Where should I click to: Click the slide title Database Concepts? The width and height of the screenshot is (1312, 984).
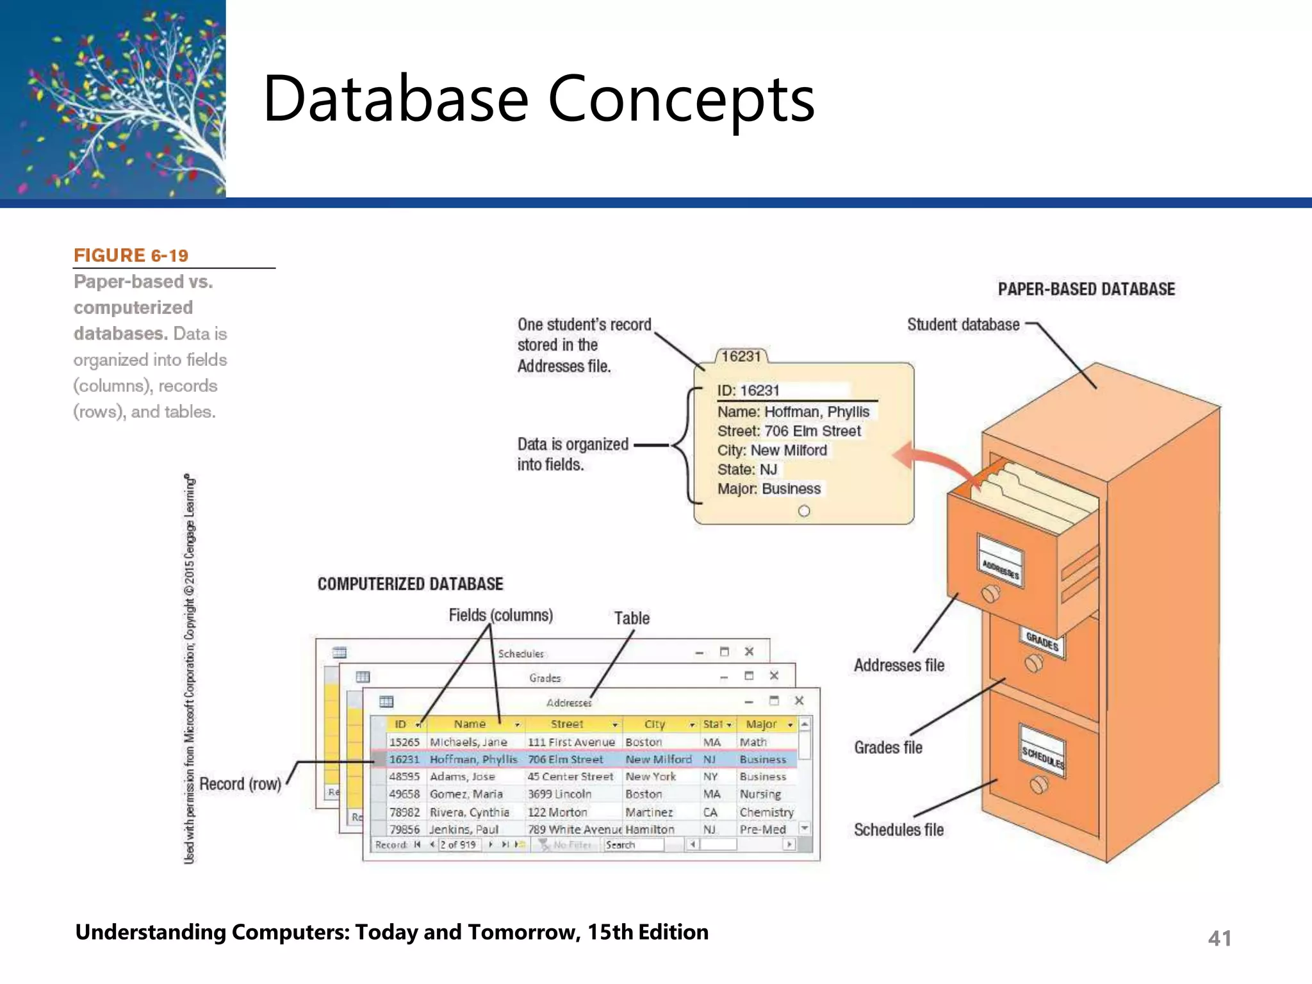[x=538, y=99]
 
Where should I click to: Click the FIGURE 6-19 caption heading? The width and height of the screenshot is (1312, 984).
[x=131, y=256]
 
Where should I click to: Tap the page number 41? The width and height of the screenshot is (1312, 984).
[x=1219, y=939]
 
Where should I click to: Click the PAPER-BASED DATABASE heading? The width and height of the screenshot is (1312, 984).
[x=1086, y=290]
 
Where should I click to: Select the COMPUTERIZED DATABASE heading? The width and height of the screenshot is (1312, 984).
[x=410, y=584]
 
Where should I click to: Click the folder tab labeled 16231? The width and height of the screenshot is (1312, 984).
[x=741, y=356]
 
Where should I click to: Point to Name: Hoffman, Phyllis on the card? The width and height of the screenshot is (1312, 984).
[x=793, y=412]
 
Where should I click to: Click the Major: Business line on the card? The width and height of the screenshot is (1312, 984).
[x=769, y=489]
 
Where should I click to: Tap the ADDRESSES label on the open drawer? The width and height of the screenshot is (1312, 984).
[x=1000, y=568]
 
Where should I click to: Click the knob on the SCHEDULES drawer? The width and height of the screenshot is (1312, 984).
[x=1038, y=784]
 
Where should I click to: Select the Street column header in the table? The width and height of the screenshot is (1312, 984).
[x=567, y=725]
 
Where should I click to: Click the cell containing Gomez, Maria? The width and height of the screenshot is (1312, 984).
[x=466, y=794]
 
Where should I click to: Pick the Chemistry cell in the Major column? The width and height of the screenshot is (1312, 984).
[x=766, y=812]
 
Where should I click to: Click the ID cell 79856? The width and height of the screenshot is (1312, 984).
[x=404, y=830]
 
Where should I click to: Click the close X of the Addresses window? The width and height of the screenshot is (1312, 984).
[x=799, y=701]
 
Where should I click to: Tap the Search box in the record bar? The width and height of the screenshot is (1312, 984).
[x=633, y=845]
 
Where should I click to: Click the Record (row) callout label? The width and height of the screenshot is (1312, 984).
[x=240, y=784]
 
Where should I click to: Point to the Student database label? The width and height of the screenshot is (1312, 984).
[x=963, y=325]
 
